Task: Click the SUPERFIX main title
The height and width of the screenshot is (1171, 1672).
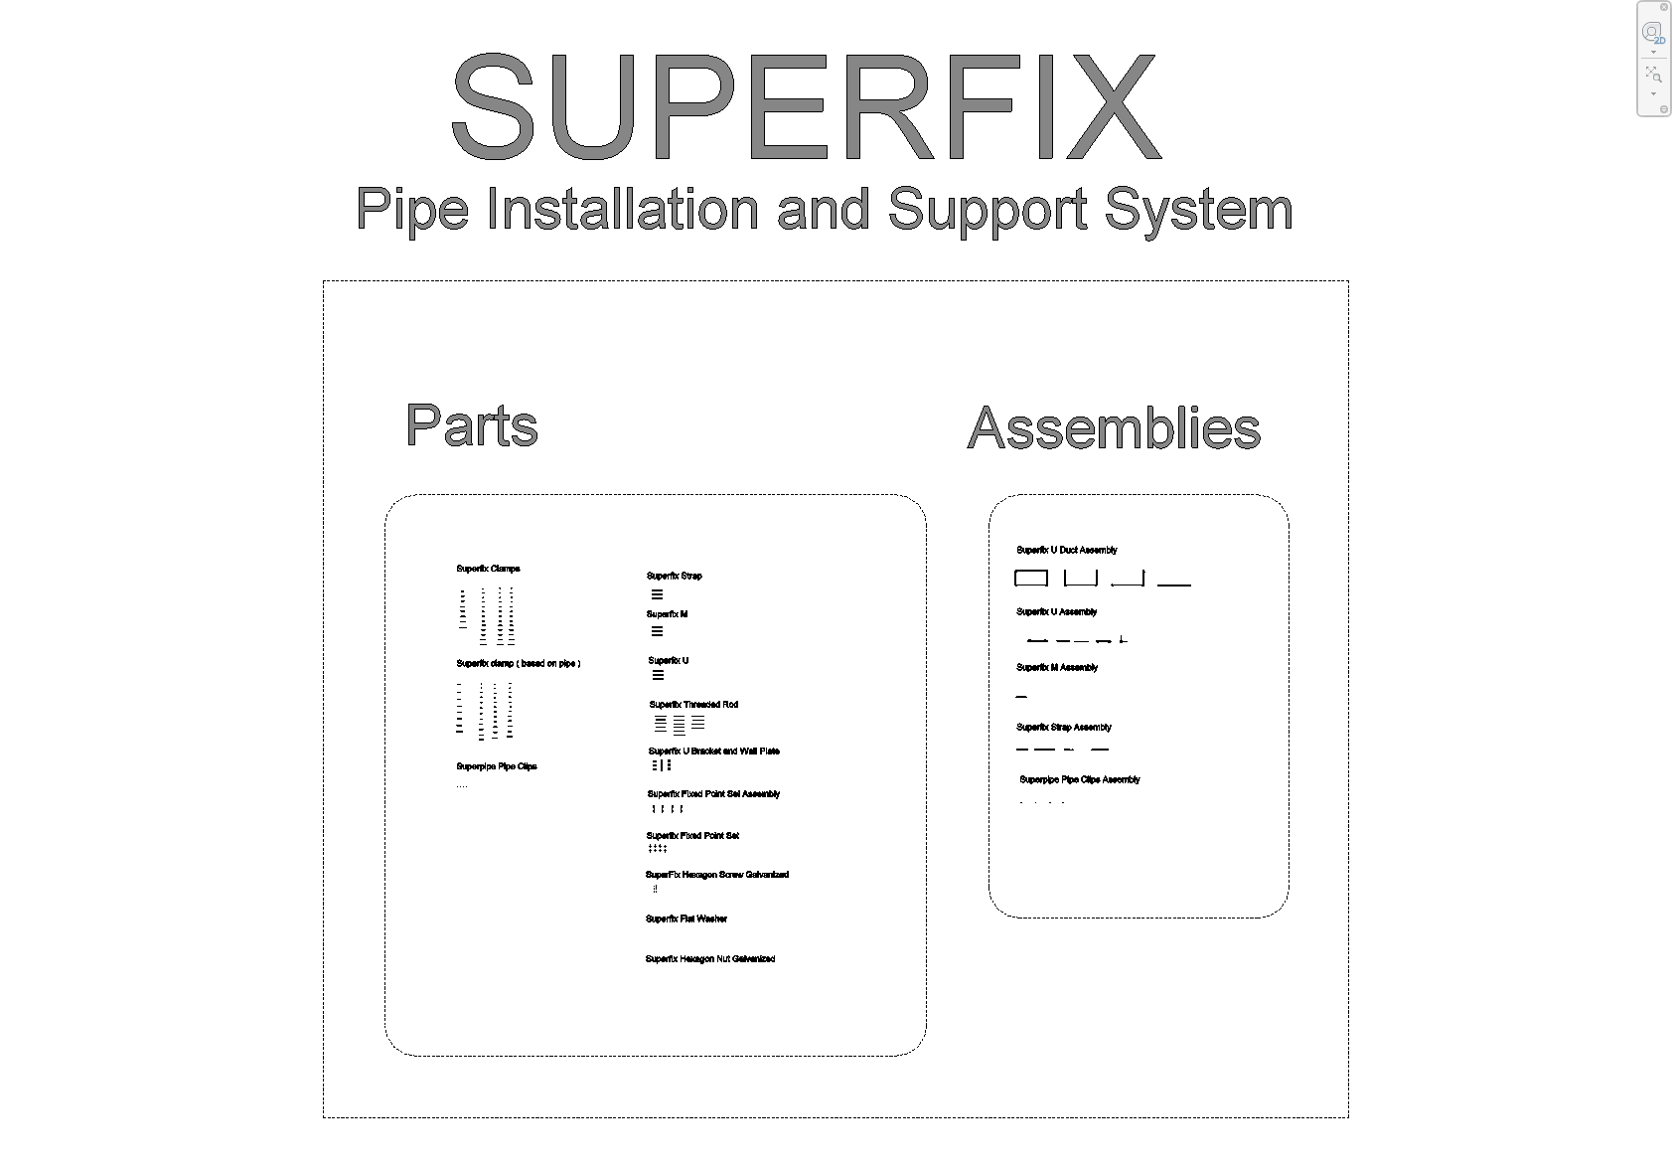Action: tap(806, 107)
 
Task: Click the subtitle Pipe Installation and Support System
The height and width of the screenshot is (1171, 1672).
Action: tap(824, 210)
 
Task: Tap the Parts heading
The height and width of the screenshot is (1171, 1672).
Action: tap(472, 425)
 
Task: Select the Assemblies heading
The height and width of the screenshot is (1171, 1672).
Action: tap(1114, 428)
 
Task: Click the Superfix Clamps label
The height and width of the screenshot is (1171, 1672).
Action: tap(488, 569)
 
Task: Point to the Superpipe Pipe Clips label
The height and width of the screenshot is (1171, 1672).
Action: tap(496, 766)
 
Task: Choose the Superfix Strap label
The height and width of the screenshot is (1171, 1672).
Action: tap(674, 576)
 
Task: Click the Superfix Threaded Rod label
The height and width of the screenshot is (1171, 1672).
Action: tap(693, 705)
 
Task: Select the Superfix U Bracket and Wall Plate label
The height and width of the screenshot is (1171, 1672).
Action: tap(713, 752)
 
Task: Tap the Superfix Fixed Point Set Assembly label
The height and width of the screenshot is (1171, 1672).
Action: tap(713, 794)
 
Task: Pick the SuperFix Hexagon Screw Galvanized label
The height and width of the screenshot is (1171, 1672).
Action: tap(716, 875)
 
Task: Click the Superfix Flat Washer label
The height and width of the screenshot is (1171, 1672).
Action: tap(685, 920)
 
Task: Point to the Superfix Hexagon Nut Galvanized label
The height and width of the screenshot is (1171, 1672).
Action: tap(709, 959)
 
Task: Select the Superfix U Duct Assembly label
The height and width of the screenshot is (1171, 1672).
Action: tap(1066, 550)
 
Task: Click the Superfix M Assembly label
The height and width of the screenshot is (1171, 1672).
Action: tap(1056, 668)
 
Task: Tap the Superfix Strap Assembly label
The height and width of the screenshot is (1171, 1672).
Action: tap(1063, 728)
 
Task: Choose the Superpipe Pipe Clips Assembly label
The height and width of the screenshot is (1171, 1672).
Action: tap(1079, 780)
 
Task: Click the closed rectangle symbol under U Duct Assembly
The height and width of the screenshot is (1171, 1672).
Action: tap(1031, 578)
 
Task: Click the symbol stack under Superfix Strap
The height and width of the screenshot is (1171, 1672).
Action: tap(657, 594)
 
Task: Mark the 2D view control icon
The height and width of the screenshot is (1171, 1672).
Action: tap(1653, 33)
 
